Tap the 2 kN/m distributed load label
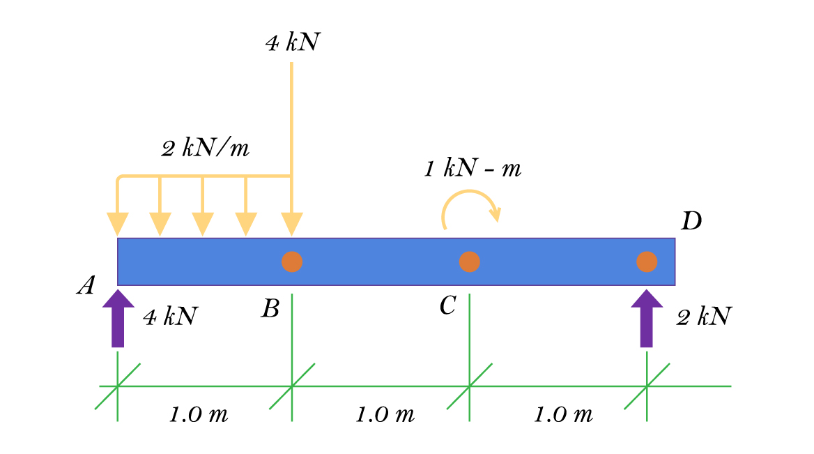click(205, 149)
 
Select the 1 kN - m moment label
click(473, 169)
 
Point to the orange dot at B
click(292, 262)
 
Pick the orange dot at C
click(470, 262)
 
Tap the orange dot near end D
click(647, 262)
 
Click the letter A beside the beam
click(86, 285)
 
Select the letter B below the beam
click(270, 308)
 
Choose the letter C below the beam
click(448, 305)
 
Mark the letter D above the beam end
click(691, 222)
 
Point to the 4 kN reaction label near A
click(170, 317)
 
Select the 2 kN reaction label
click(703, 317)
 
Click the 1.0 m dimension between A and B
click(199, 415)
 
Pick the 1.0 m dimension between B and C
click(385, 415)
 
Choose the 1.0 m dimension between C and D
click(563, 415)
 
